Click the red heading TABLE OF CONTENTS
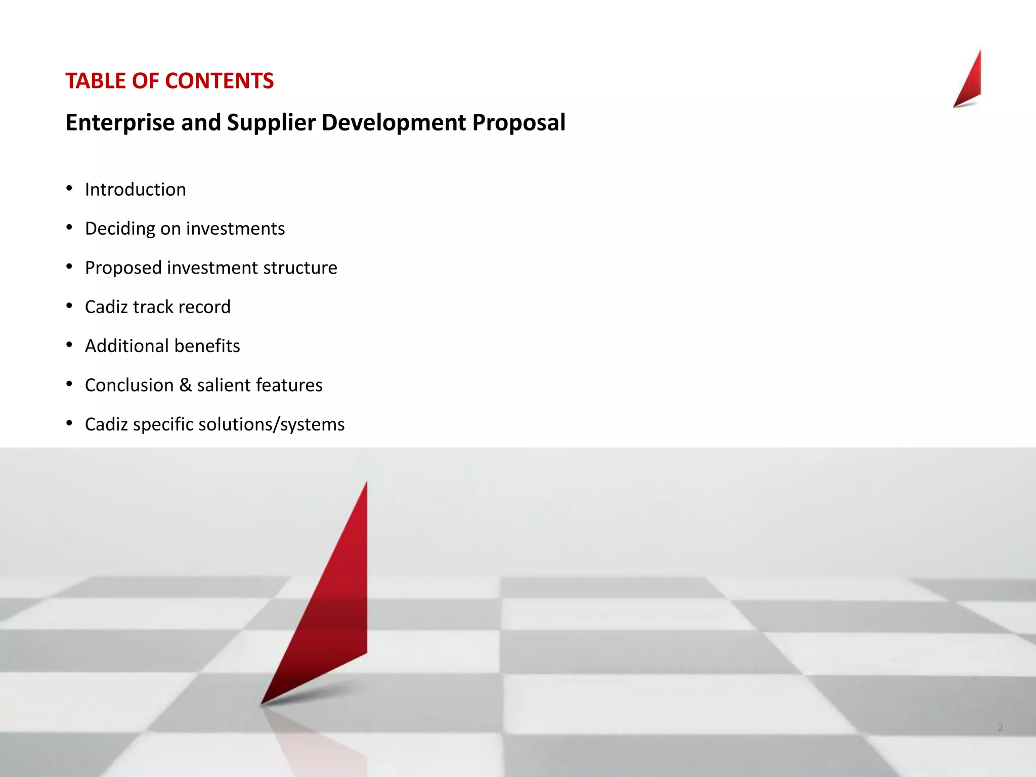(169, 81)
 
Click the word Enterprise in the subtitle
(120, 123)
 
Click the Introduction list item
(135, 190)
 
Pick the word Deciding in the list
(120, 229)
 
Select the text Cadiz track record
(157, 307)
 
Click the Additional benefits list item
(162, 346)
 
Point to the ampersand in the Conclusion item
(186, 385)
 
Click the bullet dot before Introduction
(69, 189)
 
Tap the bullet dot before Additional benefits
(69, 345)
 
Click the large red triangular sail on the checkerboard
(334, 607)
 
